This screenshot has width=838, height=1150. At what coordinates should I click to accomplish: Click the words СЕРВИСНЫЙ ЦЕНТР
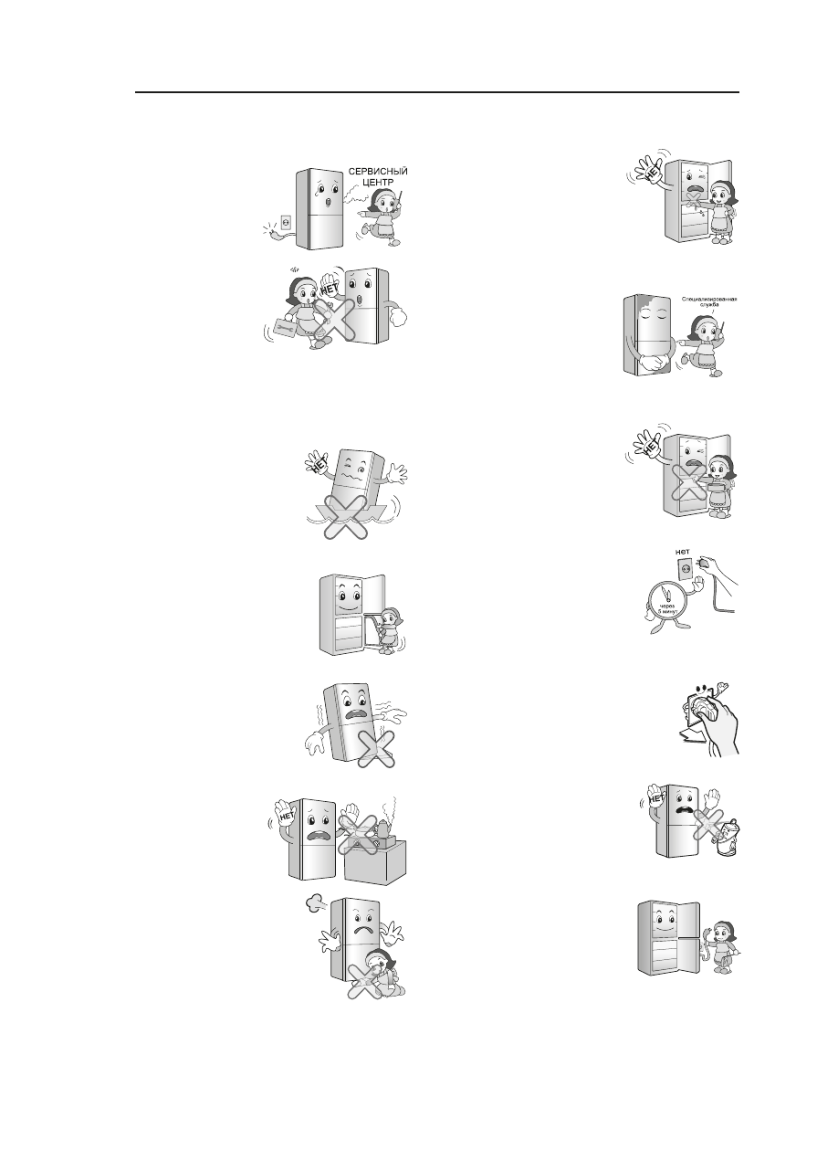[378, 176]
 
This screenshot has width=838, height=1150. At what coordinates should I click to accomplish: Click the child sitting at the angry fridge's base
[379, 973]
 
